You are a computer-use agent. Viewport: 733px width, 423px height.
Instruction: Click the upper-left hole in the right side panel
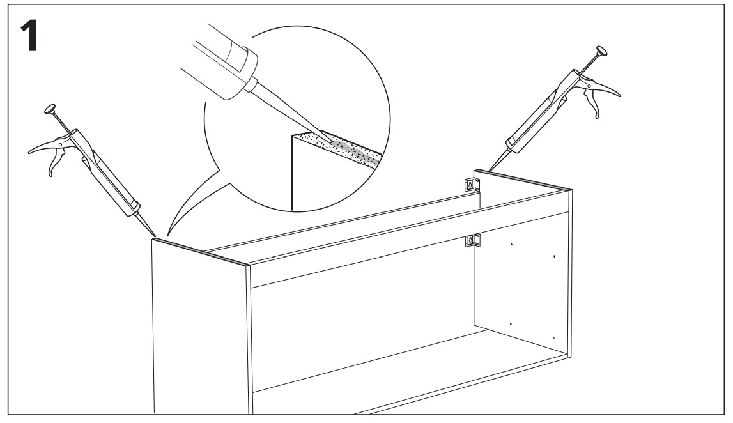[512, 243]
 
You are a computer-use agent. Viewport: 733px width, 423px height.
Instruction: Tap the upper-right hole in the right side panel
[554, 257]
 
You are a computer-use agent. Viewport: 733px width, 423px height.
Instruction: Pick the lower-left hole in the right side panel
[511, 324]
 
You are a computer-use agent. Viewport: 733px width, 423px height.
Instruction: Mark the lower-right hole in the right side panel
[552, 337]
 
